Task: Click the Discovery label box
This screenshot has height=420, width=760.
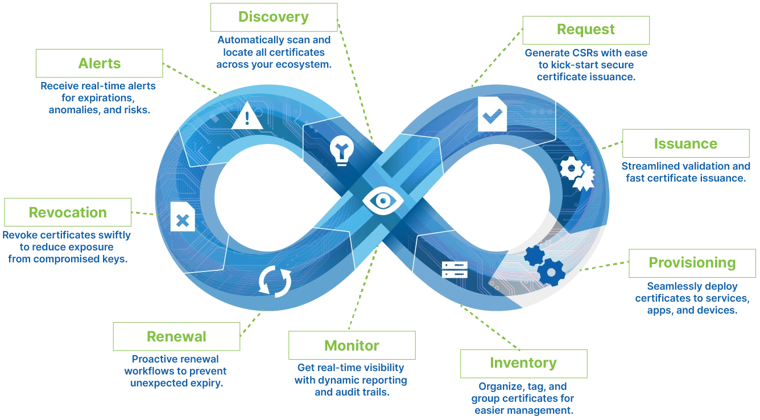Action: [x=275, y=16]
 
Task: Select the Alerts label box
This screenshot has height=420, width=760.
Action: [x=99, y=62]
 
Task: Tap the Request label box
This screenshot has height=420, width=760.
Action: [x=585, y=30]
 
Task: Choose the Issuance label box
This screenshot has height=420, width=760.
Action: [x=685, y=143]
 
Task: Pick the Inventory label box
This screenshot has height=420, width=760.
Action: [x=522, y=363]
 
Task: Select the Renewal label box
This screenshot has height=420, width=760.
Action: [x=176, y=335]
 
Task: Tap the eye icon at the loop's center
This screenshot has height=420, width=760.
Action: [x=383, y=200]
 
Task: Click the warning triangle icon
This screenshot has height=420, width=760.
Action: [x=247, y=117]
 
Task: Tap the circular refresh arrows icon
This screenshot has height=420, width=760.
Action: [x=275, y=281]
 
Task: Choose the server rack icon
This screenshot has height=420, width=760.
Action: [x=455, y=269]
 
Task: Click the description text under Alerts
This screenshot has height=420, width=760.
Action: [x=98, y=97]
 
